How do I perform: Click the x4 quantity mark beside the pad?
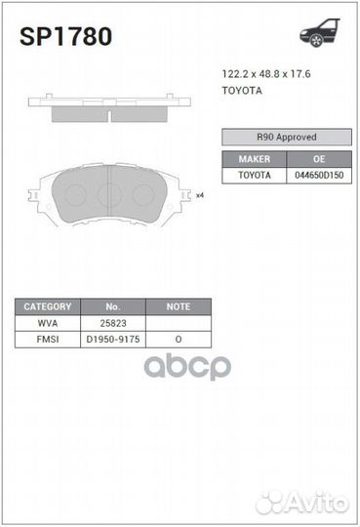point(199,195)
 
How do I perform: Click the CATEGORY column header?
point(48,306)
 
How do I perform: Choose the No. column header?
point(112,306)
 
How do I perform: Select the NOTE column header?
point(178,306)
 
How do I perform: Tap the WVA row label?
point(48,323)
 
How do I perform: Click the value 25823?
point(112,323)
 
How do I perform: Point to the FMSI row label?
point(48,339)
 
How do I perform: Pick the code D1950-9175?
point(112,339)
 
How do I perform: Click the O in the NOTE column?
point(178,339)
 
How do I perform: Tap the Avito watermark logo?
point(301,502)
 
